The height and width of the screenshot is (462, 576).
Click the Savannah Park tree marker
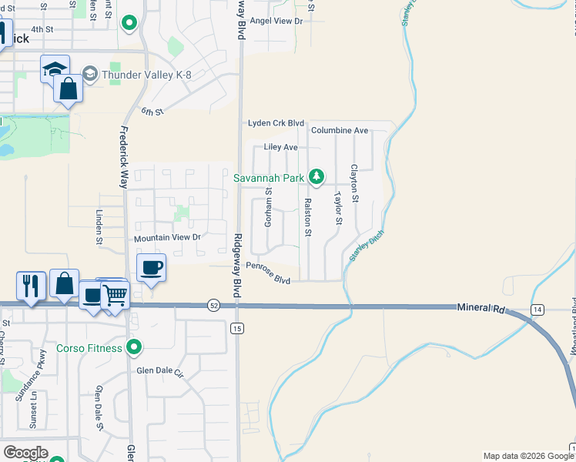click(x=316, y=177)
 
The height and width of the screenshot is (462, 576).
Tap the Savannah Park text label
click(x=269, y=178)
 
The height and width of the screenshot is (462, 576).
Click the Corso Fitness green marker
click(x=135, y=348)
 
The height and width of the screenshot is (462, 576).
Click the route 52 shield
click(x=213, y=306)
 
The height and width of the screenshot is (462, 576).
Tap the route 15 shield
click(x=237, y=329)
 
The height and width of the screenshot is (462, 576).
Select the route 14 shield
click(x=537, y=310)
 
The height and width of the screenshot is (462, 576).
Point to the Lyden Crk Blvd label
click(x=276, y=123)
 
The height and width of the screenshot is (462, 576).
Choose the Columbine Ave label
click(x=340, y=131)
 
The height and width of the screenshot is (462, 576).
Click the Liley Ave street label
click(x=280, y=147)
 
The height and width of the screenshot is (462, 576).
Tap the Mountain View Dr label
click(x=167, y=239)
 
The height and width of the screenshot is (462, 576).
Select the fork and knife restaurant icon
click(x=30, y=286)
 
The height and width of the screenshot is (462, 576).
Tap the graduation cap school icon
click(x=55, y=69)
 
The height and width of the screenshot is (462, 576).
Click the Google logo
click(x=25, y=453)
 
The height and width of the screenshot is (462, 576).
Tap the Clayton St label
click(x=354, y=183)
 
